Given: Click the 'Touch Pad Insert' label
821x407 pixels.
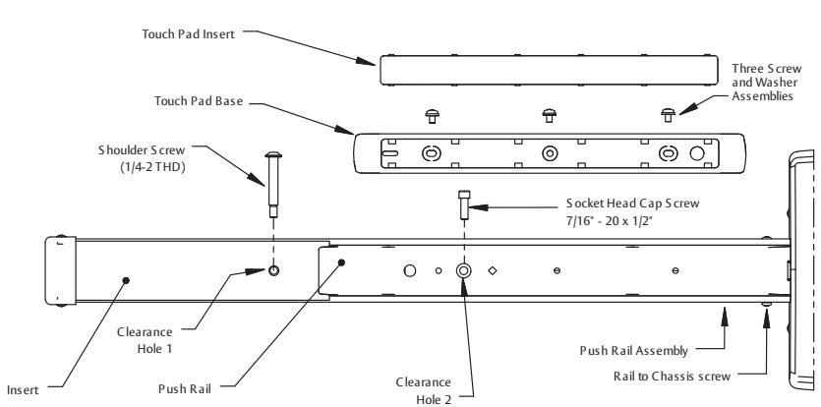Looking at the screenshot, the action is tap(189, 34).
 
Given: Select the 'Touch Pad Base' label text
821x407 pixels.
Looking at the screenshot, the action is tap(199, 100).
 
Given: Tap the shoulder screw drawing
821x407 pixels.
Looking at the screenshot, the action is tap(273, 185).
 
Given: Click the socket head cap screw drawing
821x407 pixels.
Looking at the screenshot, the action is tap(464, 204).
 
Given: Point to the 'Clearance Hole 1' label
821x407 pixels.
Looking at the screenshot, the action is tap(145, 340).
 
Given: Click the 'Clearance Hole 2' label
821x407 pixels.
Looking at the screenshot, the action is tap(423, 390).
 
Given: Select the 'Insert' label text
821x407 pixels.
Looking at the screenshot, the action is tap(23, 390).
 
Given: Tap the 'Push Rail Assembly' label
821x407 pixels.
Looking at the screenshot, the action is tap(633, 350).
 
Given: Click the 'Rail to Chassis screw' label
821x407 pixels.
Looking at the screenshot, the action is tap(672, 377).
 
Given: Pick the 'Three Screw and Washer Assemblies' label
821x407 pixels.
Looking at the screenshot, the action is tap(766, 83).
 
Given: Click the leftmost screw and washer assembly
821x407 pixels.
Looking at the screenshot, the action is tap(432, 116).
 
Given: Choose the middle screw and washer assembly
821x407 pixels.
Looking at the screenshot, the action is tap(550, 116).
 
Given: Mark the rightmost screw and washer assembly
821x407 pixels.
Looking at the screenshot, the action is tap(669, 115).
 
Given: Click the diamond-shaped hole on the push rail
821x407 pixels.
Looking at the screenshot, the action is tap(493, 270).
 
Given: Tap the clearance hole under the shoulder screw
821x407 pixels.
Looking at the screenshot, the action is tap(274, 270).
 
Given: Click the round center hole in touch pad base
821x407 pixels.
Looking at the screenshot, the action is tap(550, 153).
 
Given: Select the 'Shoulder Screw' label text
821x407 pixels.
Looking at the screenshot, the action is tap(142, 150).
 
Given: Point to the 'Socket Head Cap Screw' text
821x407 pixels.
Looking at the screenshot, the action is tap(632, 203).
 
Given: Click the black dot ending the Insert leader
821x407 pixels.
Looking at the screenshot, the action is tap(126, 281).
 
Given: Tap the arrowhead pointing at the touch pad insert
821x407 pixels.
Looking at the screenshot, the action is tap(366, 61).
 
